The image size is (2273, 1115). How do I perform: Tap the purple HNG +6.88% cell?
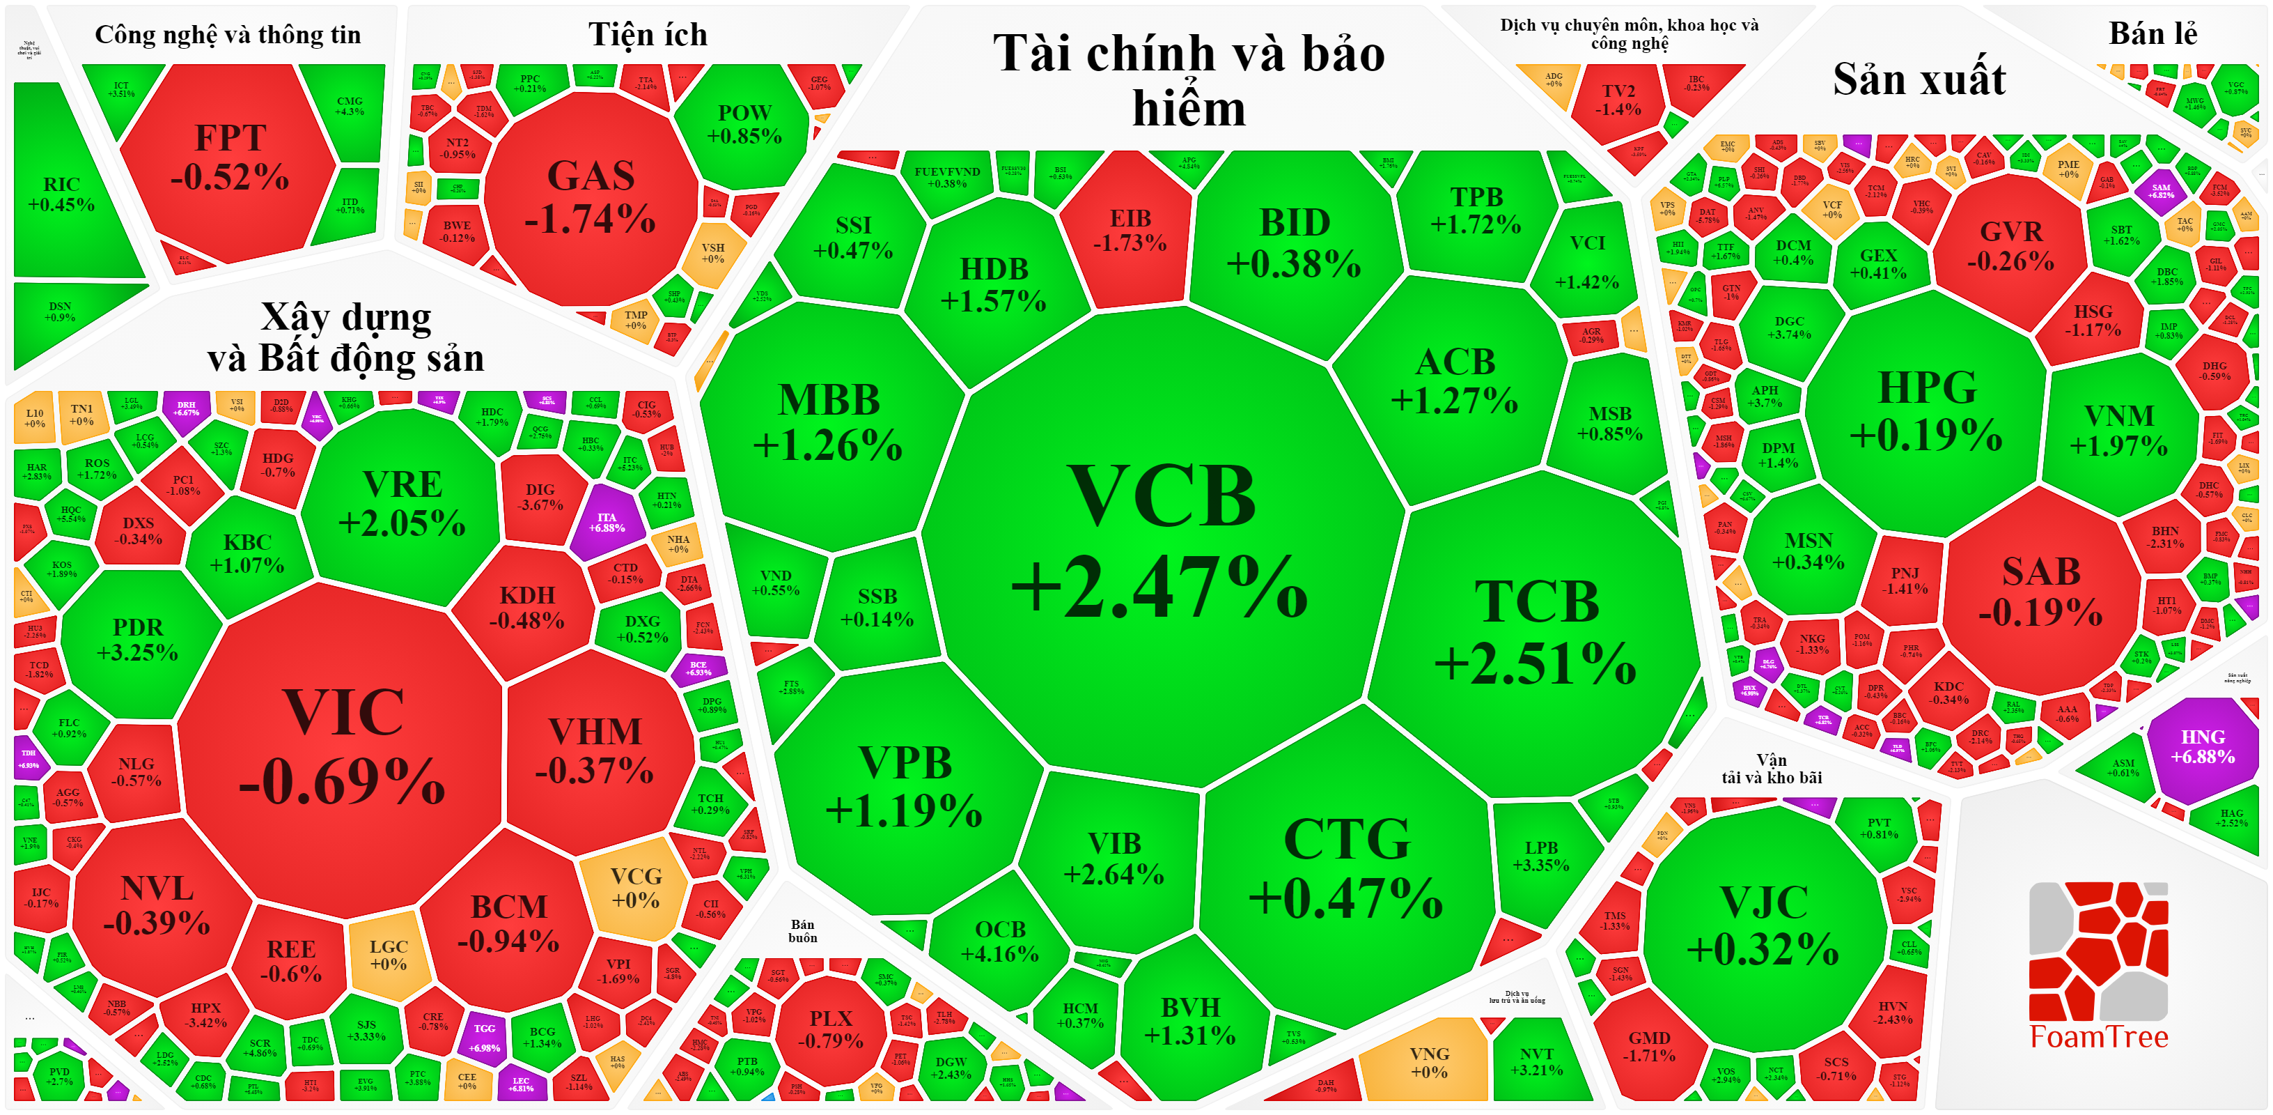[x=2203, y=747]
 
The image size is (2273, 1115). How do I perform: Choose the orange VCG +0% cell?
[x=635, y=888]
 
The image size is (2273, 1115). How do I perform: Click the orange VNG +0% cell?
[x=1428, y=1063]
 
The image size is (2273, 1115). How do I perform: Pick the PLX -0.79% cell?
[x=830, y=1029]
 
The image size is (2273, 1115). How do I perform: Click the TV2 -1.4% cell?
[x=1618, y=100]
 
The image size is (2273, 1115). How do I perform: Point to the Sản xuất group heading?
[x=1919, y=79]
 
